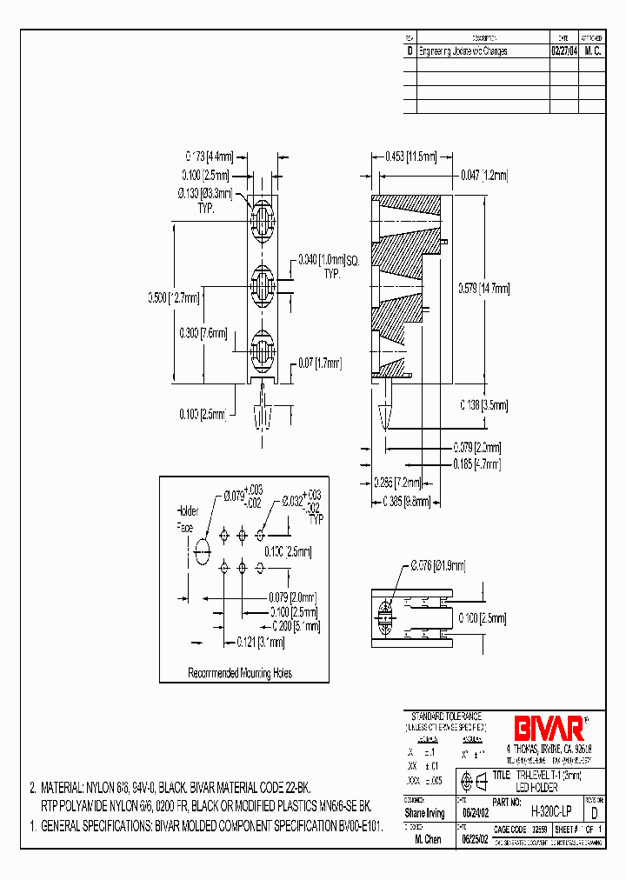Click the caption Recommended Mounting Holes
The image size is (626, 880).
tap(240, 672)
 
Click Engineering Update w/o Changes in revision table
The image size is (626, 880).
tap(463, 51)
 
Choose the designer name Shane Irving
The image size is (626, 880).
tap(425, 813)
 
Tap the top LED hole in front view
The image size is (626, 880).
tap(262, 214)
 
